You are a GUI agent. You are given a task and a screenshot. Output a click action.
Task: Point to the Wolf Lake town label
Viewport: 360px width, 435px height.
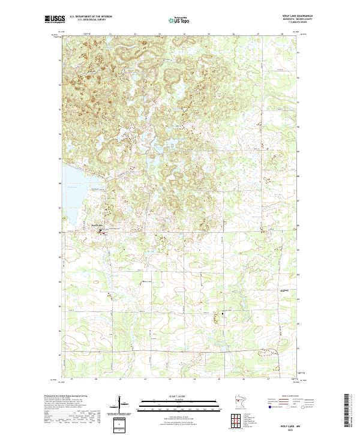[x=97, y=225]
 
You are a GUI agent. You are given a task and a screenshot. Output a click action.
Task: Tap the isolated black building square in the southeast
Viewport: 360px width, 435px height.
[x=223, y=313]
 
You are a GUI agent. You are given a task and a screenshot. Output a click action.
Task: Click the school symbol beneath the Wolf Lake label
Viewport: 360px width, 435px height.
[x=100, y=229]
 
